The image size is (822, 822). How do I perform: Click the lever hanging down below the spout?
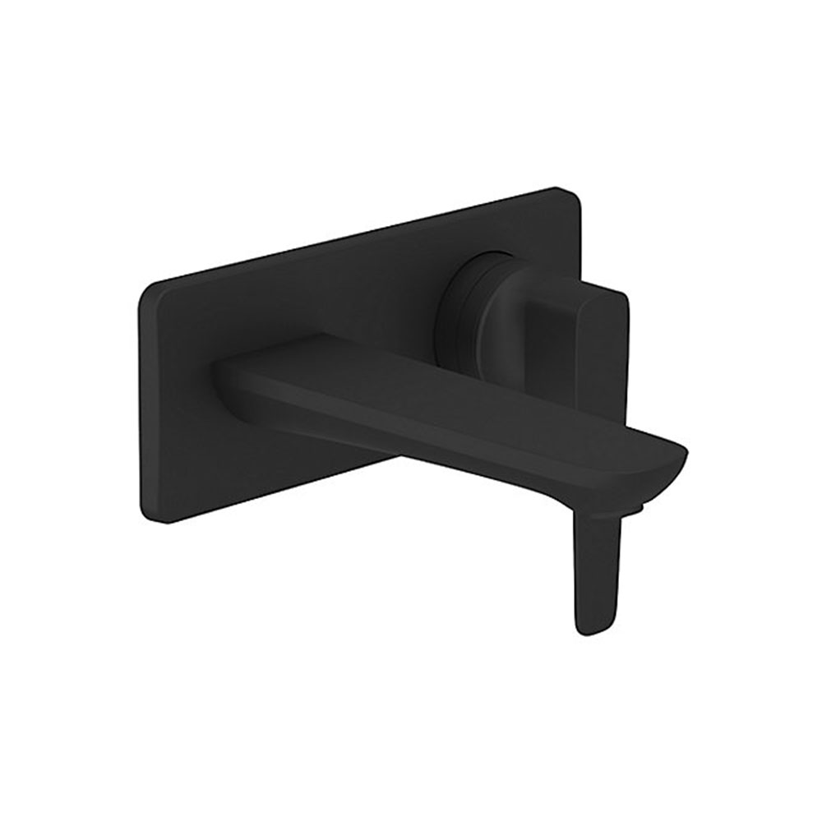[x=593, y=567]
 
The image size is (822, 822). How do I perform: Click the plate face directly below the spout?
[x=329, y=460]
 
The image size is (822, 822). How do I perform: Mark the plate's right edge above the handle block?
[x=579, y=238]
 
